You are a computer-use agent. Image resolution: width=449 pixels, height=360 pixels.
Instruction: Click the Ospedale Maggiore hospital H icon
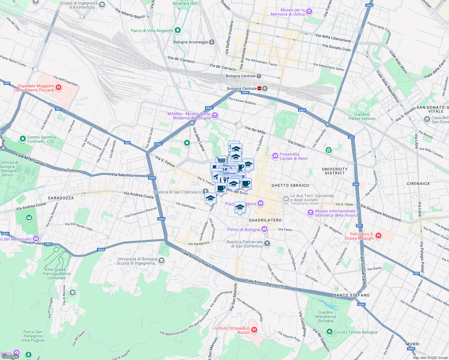coord(59,88)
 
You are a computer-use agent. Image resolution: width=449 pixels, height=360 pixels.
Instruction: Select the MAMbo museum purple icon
coord(215,115)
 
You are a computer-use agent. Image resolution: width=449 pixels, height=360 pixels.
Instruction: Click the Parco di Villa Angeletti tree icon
coord(178,30)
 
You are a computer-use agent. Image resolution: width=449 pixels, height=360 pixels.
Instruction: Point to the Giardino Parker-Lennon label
coord(362,116)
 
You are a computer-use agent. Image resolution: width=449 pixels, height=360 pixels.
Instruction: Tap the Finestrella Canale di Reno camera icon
coord(275,156)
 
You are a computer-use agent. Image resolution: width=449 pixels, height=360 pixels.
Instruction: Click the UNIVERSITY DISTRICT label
coord(335,171)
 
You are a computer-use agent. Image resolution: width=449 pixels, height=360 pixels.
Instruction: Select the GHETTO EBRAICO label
coord(290,185)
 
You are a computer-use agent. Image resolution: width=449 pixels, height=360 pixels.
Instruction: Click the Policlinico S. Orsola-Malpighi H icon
coord(378,235)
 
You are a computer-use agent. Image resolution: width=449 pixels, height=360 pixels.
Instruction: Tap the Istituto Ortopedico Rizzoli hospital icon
coord(254,330)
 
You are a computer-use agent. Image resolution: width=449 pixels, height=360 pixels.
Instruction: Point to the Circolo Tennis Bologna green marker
coord(329,332)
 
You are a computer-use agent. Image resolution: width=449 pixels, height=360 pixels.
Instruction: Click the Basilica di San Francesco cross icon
coord(205,191)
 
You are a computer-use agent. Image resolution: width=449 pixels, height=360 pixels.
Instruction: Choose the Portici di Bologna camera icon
coord(264,229)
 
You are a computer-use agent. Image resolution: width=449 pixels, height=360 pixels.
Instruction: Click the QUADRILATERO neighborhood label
coord(265,220)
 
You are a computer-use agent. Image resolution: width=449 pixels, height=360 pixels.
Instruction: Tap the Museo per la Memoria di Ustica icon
coord(309,12)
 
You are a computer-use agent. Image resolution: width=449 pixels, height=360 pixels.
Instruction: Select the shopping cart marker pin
coord(221,160)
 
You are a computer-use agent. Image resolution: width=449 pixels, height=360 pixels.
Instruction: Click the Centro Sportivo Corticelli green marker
coord(23,139)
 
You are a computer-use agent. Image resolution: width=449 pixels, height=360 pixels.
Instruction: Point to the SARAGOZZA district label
coord(61,198)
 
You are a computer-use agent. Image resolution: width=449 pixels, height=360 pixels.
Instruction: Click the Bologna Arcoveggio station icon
coord(212,42)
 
